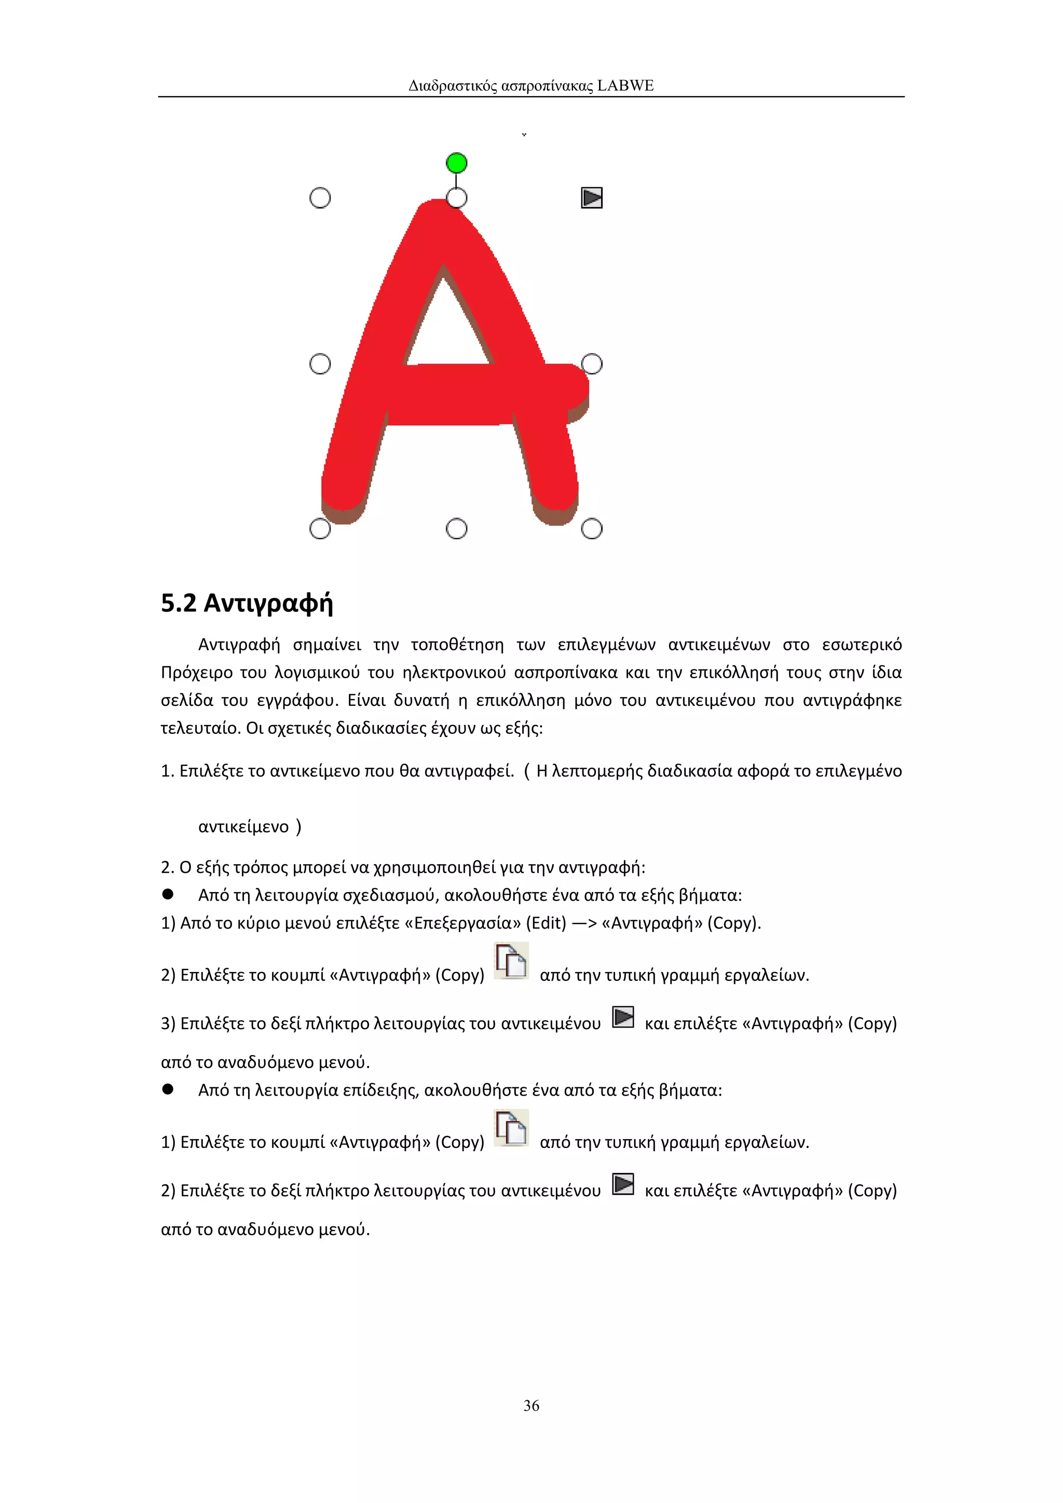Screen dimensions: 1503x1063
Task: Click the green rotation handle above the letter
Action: coord(456,162)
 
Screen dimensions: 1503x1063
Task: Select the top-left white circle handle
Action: coord(319,198)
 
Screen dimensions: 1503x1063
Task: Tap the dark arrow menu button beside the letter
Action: coord(592,198)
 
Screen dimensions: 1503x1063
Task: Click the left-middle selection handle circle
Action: coord(319,364)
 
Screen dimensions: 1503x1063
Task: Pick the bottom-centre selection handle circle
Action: coord(456,529)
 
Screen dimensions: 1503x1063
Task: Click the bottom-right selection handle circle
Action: coord(592,529)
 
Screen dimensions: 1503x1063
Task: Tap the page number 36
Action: coord(531,1405)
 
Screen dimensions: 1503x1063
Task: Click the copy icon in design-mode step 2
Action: coord(511,961)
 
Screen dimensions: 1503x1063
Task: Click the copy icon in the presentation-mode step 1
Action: coord(511,1128)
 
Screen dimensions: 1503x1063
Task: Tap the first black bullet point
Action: coord(168,894)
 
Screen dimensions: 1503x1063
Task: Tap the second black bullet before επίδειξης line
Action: coord(168,1089)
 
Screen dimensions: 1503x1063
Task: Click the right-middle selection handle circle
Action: coord(592,364)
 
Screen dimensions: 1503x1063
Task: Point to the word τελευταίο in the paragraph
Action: coord(200,729)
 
